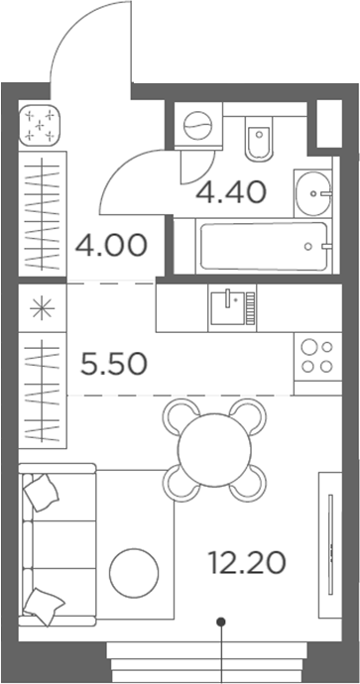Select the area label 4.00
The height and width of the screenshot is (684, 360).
point(111,243)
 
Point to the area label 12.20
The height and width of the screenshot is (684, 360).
point(247,563)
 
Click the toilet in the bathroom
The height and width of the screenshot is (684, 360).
point(257,141)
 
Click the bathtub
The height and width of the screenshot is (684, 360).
point(263,245)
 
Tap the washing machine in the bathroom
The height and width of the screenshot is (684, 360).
point(197,126)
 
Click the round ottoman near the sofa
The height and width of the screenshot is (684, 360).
point(134,573)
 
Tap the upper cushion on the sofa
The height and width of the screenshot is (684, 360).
point(42,492)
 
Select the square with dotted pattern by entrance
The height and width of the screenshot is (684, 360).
point(42,126)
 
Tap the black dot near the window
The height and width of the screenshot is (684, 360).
point(222,623)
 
